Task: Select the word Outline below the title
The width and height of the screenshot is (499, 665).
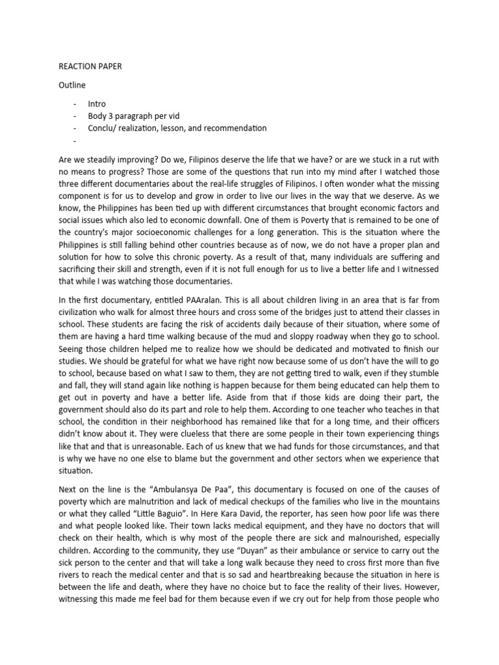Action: (71, 85)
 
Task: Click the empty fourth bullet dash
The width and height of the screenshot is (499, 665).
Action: (75, 140)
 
